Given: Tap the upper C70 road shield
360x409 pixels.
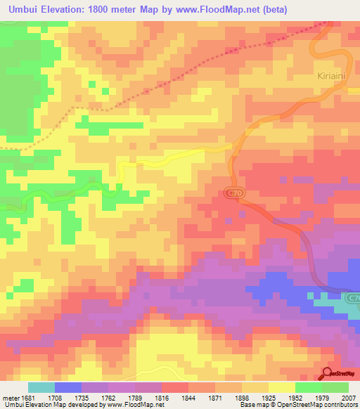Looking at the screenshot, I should pyautogui.click(x=233, y=193).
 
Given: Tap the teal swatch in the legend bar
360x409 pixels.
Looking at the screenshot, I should pyautogui.click(x=41, y=387).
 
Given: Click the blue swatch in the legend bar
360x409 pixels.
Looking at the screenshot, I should pyautogui.click(x=68, y=387).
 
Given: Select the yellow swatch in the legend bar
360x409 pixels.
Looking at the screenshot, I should pyautogui.click(x=281, y=387).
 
